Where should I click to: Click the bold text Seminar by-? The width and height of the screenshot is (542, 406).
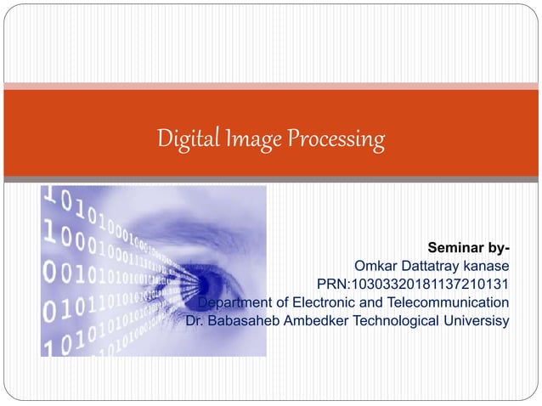(x=469, y=248)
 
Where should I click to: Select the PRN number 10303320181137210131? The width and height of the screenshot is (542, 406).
(x=431, y=284)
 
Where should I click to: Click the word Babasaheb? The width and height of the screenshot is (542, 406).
(x=248, y=320)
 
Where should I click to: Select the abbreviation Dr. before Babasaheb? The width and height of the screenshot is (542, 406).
(x=195, y=320)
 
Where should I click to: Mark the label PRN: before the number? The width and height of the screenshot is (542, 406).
(x=334, y=284)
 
